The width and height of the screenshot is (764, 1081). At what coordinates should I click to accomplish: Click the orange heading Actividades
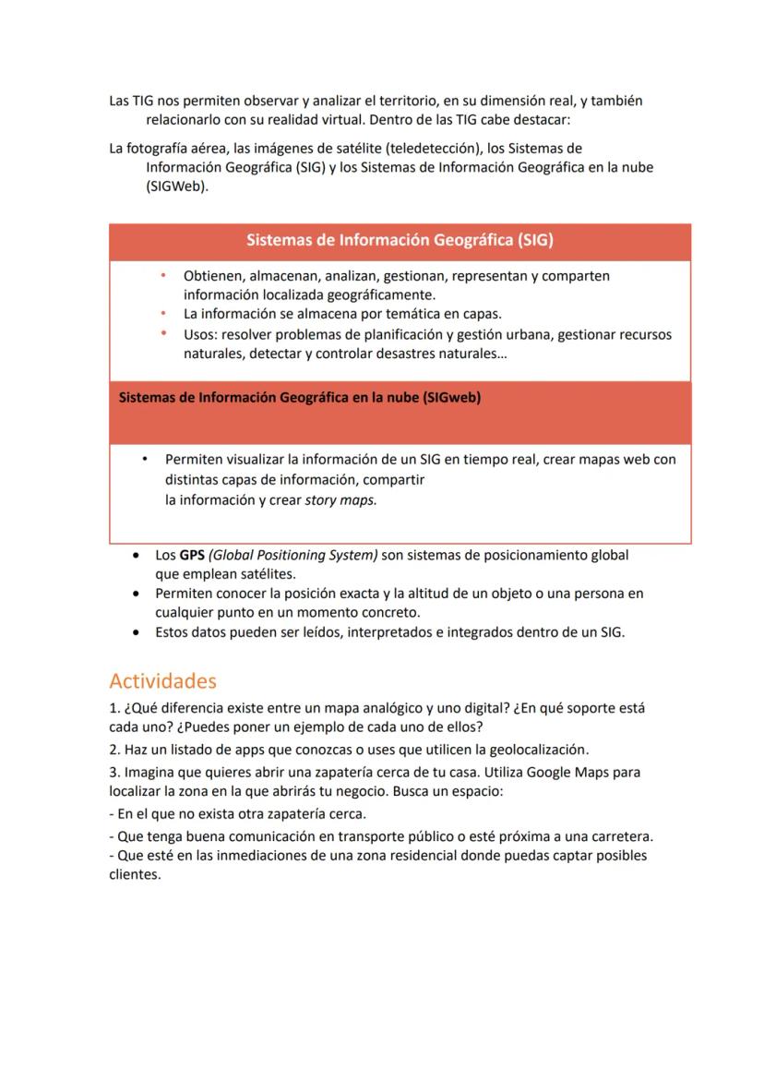[x=162, y=681]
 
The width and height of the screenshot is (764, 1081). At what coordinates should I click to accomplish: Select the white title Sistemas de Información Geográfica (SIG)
[x=400, y=241]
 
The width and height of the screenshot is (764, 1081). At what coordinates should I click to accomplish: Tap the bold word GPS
[x=192, y=556]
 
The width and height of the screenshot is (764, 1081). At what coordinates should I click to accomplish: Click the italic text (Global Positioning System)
[x=293, y=556]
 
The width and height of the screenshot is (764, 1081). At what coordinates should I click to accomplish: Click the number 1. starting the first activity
[x=114, y=709]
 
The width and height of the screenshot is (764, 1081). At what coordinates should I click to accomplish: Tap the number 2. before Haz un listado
[x=114, y=750]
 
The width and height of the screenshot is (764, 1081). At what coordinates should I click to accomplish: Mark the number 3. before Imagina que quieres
[x=114, y=772]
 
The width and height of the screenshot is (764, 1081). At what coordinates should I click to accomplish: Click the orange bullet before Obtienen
[x=163, y=275]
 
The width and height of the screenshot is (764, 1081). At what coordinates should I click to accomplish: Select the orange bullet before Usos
[x=163, y=333]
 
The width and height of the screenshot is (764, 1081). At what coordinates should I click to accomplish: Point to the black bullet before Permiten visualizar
[x=145, y=459]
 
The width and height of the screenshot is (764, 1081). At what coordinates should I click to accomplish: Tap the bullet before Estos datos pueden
[x=137, y=633]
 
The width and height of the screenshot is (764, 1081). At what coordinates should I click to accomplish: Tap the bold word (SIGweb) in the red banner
[x=451, y=398]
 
